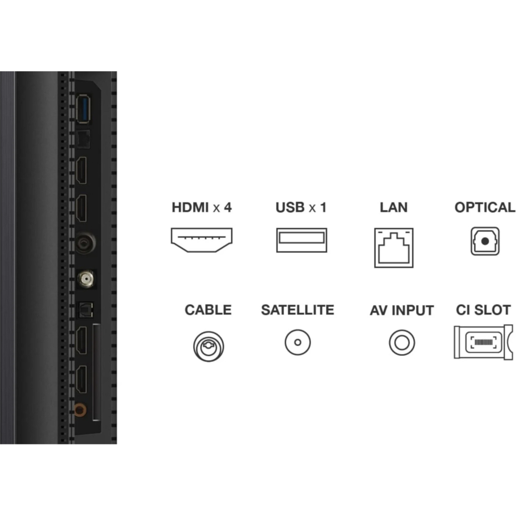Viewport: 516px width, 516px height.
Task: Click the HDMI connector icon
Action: [202, 239]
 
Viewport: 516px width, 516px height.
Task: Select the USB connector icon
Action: [301, 240]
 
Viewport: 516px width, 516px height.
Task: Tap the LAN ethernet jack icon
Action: [394, 247]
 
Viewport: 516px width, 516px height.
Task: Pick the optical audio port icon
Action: [485, 241]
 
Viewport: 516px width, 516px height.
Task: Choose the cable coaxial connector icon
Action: [208, 346]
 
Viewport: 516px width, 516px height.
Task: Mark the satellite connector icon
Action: [298, 343]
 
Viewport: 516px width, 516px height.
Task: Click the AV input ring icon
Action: [402, 343]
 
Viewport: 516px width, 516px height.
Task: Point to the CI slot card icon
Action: [483, 342]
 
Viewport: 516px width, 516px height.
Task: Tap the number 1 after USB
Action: [323, 207]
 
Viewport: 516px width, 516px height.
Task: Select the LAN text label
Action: [394, 207]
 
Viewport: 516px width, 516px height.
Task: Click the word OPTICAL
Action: [484, 207]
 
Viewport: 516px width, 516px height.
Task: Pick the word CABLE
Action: [208, 309]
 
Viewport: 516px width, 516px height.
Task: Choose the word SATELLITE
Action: [297, 309]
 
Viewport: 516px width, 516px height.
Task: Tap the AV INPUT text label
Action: [402, 310]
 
